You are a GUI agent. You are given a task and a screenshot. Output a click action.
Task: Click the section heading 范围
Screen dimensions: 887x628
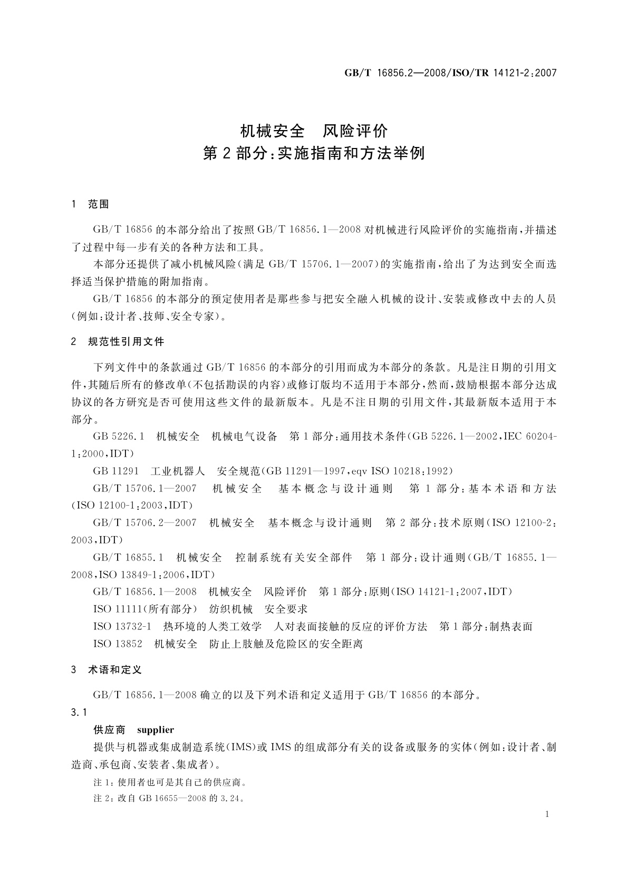(99, 204)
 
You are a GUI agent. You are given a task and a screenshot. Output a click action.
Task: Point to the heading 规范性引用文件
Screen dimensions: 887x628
(126, 342)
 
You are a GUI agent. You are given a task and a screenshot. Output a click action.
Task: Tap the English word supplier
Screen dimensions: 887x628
(155, 730)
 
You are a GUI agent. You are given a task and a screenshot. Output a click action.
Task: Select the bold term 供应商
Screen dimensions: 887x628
(109, 730)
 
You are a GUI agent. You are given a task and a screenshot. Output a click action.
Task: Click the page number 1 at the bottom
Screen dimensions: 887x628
(547, 814)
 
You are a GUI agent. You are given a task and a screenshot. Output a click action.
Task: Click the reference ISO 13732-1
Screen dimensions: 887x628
(122, 627)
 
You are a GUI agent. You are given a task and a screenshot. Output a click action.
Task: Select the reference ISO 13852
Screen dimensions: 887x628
(118, 644)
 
